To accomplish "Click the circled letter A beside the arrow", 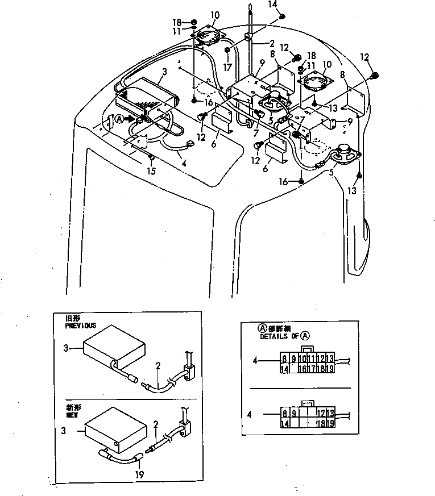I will coord(119,119).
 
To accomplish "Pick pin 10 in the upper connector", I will coord(303,359).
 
